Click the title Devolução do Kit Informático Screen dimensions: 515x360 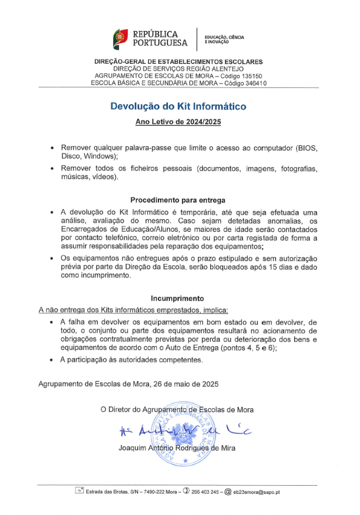pyautogui.click(x=178, y=107)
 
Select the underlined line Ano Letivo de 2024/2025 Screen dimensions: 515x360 pyautogui.click(x=178, y=122)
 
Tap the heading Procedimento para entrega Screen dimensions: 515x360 pyautogui.click(x=178, y=200)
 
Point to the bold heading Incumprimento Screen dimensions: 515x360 pyautogui.click(x=178, y=298)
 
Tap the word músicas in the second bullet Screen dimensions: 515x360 pyautogui.click(x=76, y=177)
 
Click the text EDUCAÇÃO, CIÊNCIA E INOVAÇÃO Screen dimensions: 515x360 pyautogui.click(x=224, y=39)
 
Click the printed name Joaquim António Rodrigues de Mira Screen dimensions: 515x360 pyautogui.click(x=177, y=448)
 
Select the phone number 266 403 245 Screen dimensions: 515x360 pyautogui.click(x=203, y=491)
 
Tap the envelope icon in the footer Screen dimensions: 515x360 pyautogui.click(x=79, y=491)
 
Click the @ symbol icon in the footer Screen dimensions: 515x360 pyautogui.click(x=227, y=491)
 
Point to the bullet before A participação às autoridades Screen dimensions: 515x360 pyautogui.click(x=52, y=360)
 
